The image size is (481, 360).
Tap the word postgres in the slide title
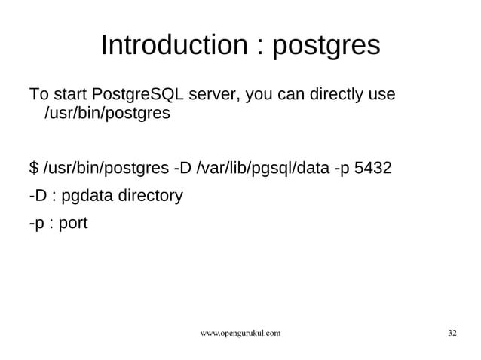[325, 47]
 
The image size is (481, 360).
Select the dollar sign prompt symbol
[33, 167]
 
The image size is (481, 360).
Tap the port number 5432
[372, 167]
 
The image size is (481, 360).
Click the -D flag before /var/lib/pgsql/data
[182, 167]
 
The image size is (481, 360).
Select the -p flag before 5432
[342, 167]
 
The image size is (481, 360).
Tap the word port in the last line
[72, 224]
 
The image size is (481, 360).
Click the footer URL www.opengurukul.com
[240, 333]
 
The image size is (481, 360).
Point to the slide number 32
[452, 333]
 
